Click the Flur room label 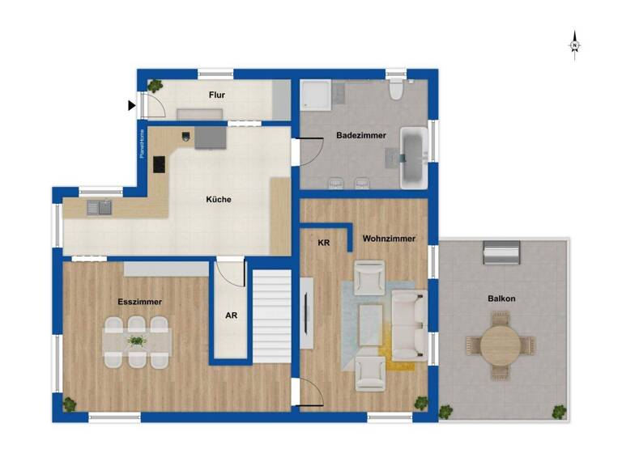click(216, 95)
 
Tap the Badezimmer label click(360, 135)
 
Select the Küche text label click(219, 199)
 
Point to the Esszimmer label click(139, 302)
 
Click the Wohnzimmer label click(389, 239)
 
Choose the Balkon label click(501, 298)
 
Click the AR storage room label click(231, 316)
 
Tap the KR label click(324, 243)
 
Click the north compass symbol click(574, 44)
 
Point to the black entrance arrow click(131, 105)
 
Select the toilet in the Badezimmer click(395, 90)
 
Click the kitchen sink click(100, 207)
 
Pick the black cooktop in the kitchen click(159, 163)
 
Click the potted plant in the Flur click(154, 84)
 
